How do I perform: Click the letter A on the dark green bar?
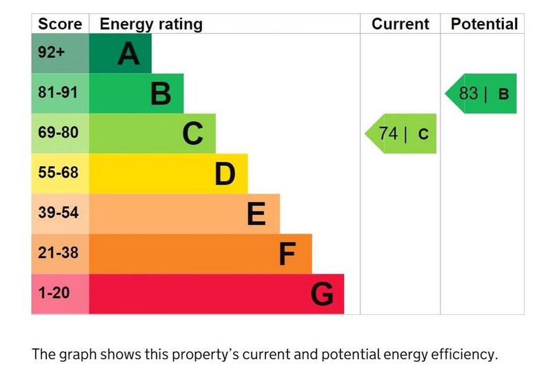128,54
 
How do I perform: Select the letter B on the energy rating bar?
161,94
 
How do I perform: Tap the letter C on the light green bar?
193,134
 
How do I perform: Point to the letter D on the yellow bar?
225,174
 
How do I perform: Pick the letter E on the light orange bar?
256,214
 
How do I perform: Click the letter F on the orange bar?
287,254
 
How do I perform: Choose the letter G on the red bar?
322,294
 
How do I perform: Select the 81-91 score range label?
59,93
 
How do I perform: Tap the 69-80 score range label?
59,133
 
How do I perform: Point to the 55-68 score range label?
59,173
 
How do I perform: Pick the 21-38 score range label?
59,254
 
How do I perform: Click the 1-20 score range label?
54,294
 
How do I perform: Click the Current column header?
400,24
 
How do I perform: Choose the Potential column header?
484,24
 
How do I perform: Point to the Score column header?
60,24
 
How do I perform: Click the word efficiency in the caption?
461,356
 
